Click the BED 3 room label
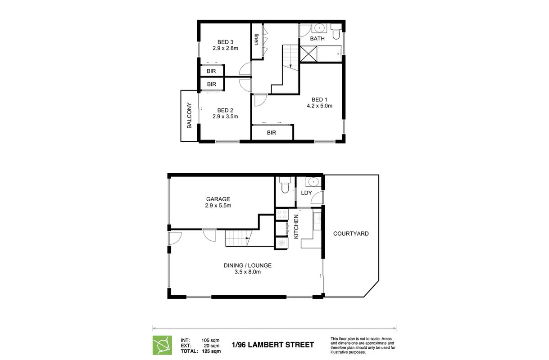coord(225,42)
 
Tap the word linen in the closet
coord(256,39)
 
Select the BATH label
coord(317,38)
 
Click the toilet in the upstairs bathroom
coord(336,31)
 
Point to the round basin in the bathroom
coord(319,28)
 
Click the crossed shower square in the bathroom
coord(309,54)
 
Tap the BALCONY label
coord(189,115)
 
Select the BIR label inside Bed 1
coord(271,132)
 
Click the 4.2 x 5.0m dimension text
coord(319,106)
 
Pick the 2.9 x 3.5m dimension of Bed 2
coord(225,117)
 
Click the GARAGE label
coord(218,199)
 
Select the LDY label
coord(306,193)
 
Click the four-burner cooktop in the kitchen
coord(282,214)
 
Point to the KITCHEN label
coord(296,226)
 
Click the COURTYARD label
coord(351,234)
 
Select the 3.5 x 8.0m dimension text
coord(248,272)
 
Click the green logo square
coord(162,345)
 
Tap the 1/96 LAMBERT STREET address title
coord(273,345)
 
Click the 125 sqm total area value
coord(211,351)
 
